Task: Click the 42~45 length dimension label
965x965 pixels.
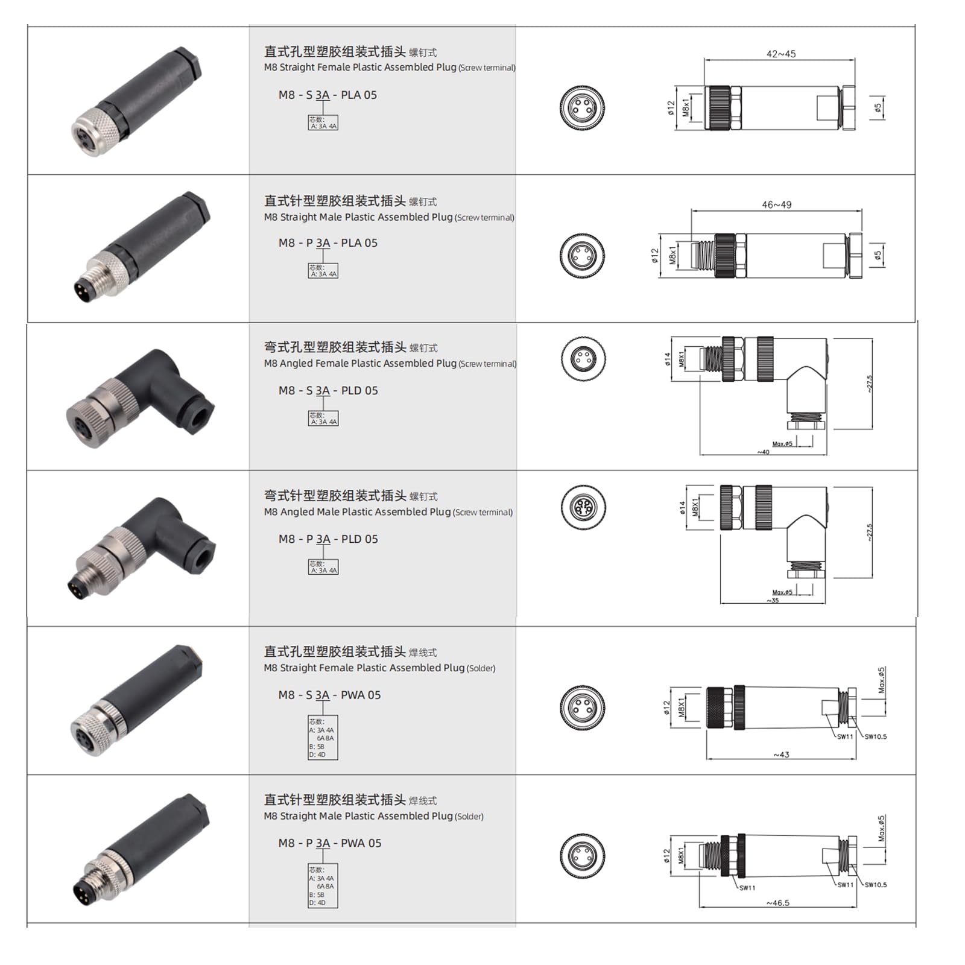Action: pos(781,54)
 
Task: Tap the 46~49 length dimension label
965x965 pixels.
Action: pos(776,205)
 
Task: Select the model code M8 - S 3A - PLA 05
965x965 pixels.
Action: pos(327,95)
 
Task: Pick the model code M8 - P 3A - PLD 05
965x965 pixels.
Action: pos(328,539)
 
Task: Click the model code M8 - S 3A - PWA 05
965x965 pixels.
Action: pos(329,695)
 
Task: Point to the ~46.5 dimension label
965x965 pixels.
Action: pos(777,903)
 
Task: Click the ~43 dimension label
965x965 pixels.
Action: pos(781,755)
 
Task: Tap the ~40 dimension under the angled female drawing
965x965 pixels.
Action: pos(764,452)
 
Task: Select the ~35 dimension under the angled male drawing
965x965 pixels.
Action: pos(773,601)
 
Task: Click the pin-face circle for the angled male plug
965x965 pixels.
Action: pos(583,507)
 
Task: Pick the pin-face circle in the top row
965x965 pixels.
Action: pos(582,107)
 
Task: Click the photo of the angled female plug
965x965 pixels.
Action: pos(140,398)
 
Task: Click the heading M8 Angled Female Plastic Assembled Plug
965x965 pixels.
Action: pos(360,363)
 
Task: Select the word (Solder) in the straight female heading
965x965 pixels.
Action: pos(481,668)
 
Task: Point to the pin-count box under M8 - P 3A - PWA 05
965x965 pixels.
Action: pos(323,886)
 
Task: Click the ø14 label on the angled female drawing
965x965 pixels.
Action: pos(668,359)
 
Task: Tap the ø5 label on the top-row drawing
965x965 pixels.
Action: pos(878,107)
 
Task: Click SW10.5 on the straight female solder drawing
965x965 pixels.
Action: pos(875,736)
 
